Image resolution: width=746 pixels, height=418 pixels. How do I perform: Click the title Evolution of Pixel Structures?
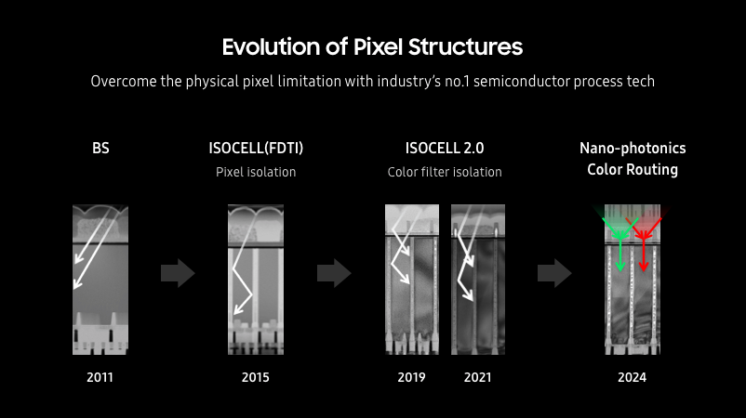pyautogui.click(x=372, y=46)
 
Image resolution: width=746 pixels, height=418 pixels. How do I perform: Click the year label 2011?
pyautogui.click(x=100, y=377)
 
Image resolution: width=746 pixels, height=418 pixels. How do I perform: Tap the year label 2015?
pyautogui.click(x=255, y=377)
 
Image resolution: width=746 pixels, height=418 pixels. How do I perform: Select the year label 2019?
pyautogui.click(x=411, y=377)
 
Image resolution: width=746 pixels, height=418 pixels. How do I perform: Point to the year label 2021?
pyautogui.click(x=477, y=377)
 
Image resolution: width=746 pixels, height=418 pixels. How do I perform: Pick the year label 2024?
pyautogui.click(x=632, y=377)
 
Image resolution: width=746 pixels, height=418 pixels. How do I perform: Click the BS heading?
pyautogui.click(x=100, y=148)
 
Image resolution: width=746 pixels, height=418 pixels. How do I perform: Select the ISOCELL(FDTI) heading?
pyautogui.click(x=256, y=148)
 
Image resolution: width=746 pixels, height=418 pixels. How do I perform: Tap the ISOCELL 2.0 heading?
pyautogui.click(x=445, y=148)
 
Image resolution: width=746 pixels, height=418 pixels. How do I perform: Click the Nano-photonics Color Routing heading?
pyautogui.click(x=633, y=159)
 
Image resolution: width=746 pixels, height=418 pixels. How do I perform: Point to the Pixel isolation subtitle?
pyautogui.click(x=255, y=172)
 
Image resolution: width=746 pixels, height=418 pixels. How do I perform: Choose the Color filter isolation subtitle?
pyautogui.click(x=445, y=172)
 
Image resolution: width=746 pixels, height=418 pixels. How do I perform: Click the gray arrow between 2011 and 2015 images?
pyautogui.click(x=178, y=273)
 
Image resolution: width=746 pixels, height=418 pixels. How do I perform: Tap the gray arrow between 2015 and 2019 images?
pyautogui.click(x=334, y=273)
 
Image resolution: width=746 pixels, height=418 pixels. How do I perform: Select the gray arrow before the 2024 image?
pyautogui.click(x=555, y=273)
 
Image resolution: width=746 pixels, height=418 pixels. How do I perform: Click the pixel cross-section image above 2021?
pyautogui.click(x=477, y=279)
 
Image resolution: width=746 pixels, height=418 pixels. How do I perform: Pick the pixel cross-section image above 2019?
pyautogui.click(x=411, y=279)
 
